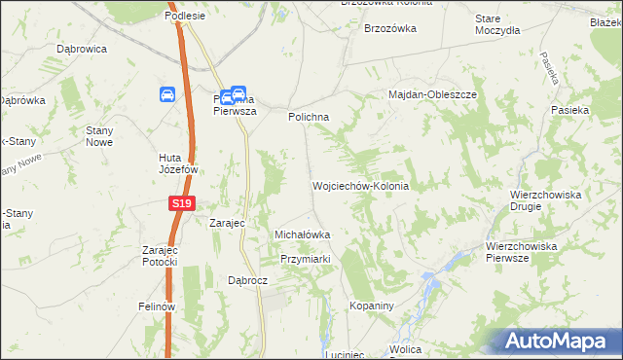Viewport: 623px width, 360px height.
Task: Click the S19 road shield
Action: [x=181, y=203]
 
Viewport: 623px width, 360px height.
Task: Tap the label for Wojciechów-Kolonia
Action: [x=360, y=186]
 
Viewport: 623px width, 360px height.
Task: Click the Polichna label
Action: [x=309, y=117]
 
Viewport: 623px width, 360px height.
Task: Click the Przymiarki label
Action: [x=307, y=259]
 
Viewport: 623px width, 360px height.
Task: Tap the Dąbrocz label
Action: [x=247, y=279]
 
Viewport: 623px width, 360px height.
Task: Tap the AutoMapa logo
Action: [x=560, y=341]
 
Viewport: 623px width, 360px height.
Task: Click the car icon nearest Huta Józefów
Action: [x=167, y=94]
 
